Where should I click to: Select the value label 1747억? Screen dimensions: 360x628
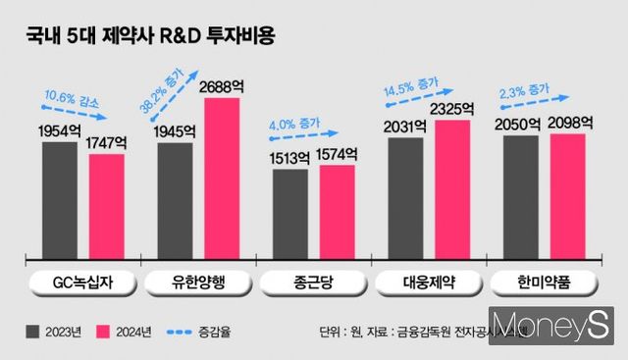click(x=106, y=143)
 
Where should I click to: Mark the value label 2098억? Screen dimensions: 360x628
click(x=568, y=124)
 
